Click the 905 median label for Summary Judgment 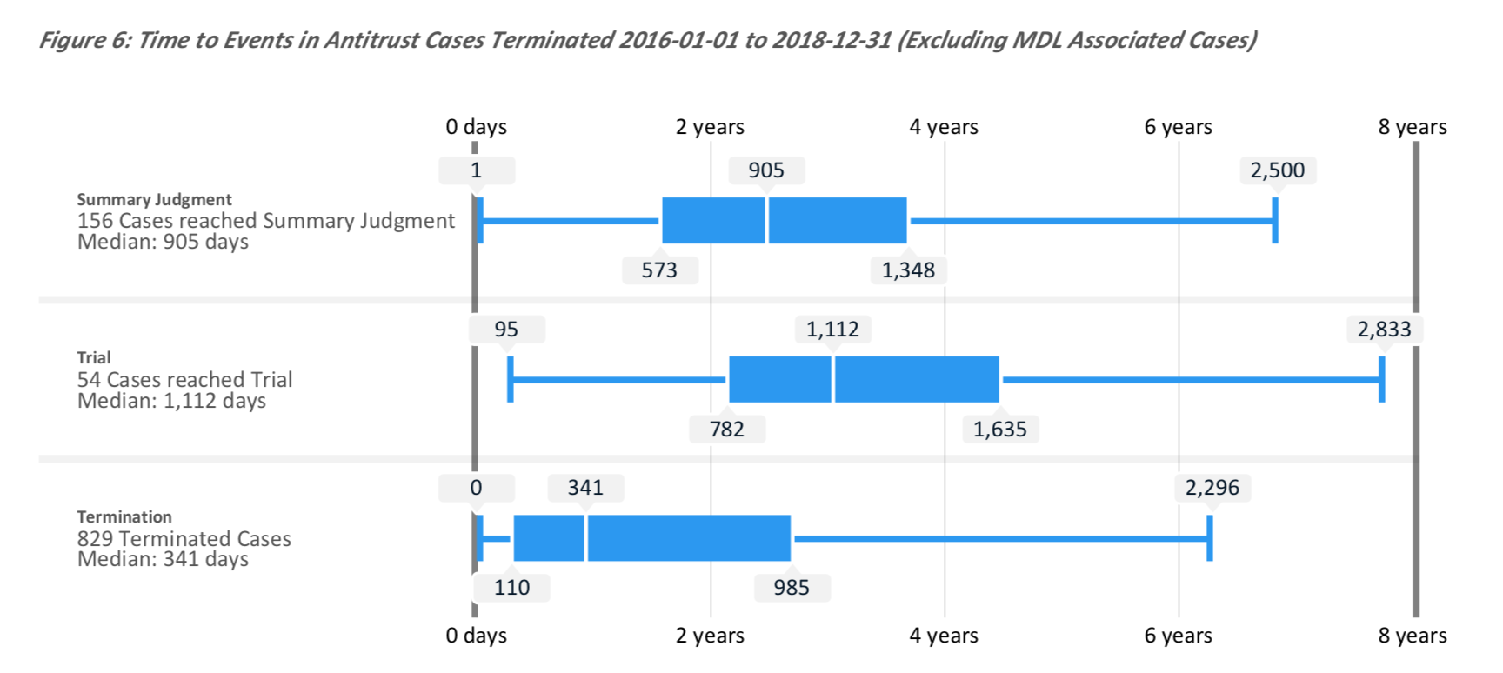click(x=766, y=170)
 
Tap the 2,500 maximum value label click(x=1277, y=170)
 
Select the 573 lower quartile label click(x=659, y=270)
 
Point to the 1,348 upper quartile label click(x=908, y=270)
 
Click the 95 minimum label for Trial click(x=506, y=330)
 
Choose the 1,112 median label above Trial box click(x=832, y=330)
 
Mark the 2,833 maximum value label click(x=1384, y=330)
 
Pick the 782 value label click(x=727, y=430)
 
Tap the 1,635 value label click(x=999, y=430)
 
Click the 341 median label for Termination click(x=585, y=488)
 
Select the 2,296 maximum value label click(x=1212, y=488)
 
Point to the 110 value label click(x=511, y=588)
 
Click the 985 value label click(x=792, y=588)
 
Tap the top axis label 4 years click(x=944, y=127)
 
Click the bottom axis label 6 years click(x=1178, y=636)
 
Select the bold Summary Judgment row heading click(x=154, y=199)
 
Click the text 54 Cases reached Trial click(x=184, y=380)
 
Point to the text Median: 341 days click(x=163, y=559)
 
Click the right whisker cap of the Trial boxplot click(x=1381, y=379)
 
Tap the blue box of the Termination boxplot click(x=652, y=538)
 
